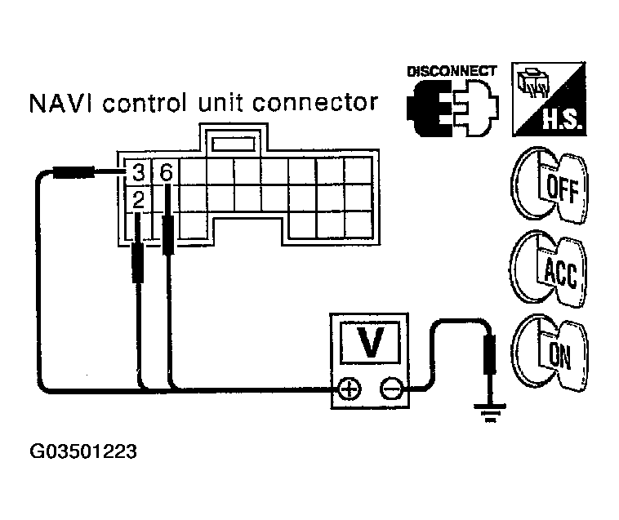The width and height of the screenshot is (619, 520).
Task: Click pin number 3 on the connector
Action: click(x=138, y=173)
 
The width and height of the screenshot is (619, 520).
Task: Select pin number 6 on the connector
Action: click(x=166, y=173)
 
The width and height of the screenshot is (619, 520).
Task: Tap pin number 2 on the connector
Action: click(x=138, y=198)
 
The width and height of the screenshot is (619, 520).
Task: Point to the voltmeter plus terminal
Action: click(x=350, y=390)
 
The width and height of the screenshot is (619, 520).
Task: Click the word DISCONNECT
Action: click(x=452, y=72)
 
